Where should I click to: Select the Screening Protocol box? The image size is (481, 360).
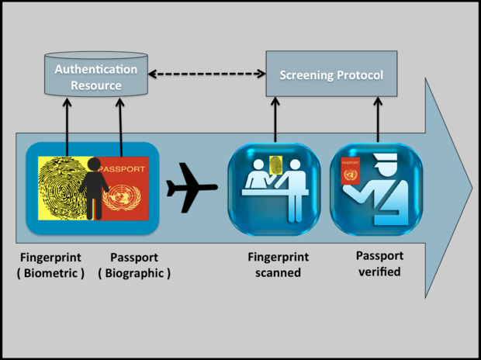pos(331,74)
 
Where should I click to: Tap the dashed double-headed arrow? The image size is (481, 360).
pos(206,74)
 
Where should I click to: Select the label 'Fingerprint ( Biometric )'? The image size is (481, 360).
pos(53,265)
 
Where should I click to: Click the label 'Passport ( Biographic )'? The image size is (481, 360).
pos(134,265)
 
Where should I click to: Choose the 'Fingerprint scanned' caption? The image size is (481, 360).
pos(279,265)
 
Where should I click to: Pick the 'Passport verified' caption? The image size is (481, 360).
pos(379,264)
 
